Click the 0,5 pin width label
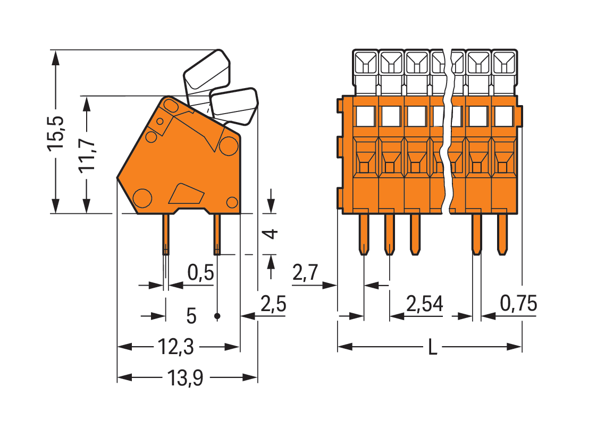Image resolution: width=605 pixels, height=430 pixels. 200,273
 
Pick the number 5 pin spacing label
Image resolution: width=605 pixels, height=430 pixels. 191,316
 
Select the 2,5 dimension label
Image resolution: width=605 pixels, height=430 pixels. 273,305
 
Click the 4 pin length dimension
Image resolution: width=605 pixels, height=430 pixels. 272,234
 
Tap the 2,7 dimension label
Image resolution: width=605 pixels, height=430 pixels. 305,273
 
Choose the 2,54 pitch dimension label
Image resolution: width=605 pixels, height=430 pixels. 424,304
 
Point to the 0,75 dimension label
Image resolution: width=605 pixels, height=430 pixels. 518,304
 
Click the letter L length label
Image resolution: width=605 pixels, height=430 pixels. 433,348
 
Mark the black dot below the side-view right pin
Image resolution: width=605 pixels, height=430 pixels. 217,316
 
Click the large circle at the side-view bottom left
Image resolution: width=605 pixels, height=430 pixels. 142,198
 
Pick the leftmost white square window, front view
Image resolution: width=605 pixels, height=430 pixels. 365,115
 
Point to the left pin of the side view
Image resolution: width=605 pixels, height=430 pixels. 166,234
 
